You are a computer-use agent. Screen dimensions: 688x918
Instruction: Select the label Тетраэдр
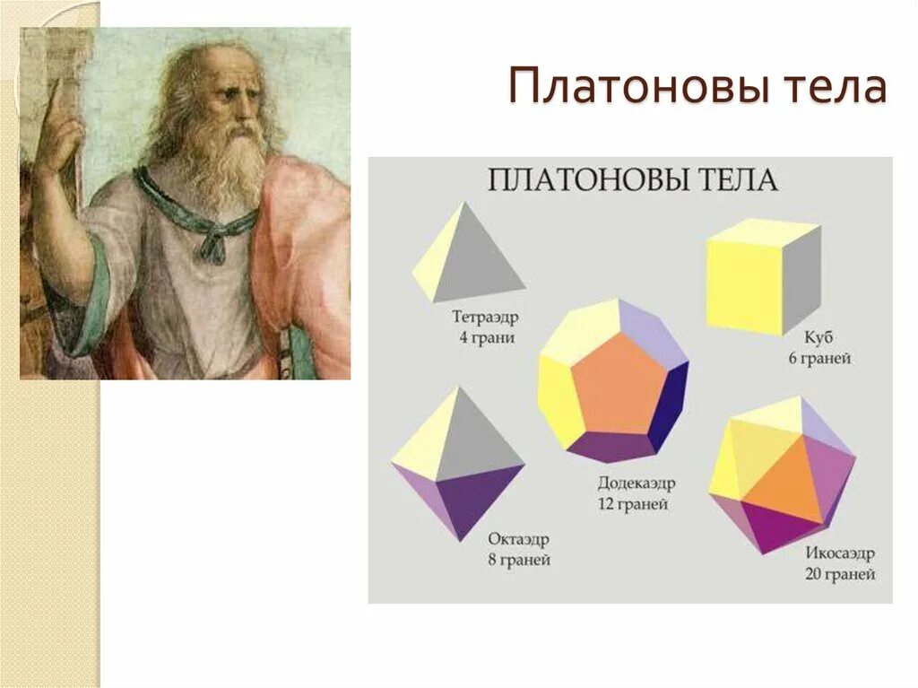485,318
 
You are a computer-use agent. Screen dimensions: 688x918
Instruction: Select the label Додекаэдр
637,483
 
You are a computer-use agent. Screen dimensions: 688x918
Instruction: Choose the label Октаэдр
518,539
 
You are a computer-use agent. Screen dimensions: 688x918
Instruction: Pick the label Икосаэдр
838,553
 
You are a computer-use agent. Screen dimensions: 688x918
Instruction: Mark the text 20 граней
838,574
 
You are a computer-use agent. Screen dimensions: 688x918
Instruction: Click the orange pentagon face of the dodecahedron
618,386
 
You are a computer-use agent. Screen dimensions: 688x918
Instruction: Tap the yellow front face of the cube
744,286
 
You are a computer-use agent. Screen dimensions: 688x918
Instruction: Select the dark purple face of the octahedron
474,499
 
